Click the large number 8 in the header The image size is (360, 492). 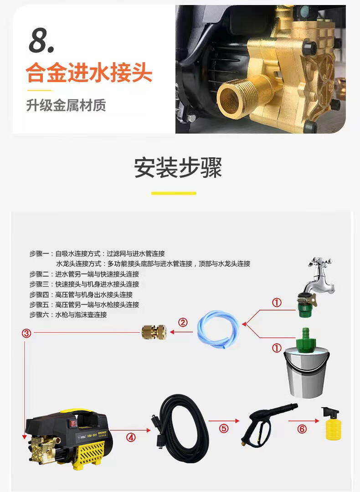coord(41,41)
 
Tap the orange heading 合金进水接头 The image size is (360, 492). coord(89,73)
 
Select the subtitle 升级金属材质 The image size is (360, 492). coord(66,105)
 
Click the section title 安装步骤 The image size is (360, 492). coord(178,167)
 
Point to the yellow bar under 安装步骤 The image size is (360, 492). coord(174,193)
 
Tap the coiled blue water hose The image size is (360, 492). coord(218,329)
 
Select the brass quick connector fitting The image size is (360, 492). coord(154,331)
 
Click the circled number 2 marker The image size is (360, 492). coord(183,322)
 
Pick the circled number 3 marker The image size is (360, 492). coord(26,333)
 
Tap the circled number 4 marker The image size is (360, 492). coord(131,437)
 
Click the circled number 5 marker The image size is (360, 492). coord(224,428)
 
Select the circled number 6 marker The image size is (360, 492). coord(302,429)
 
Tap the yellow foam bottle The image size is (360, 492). coord(331,424)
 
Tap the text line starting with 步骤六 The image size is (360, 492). coord(68,315)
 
